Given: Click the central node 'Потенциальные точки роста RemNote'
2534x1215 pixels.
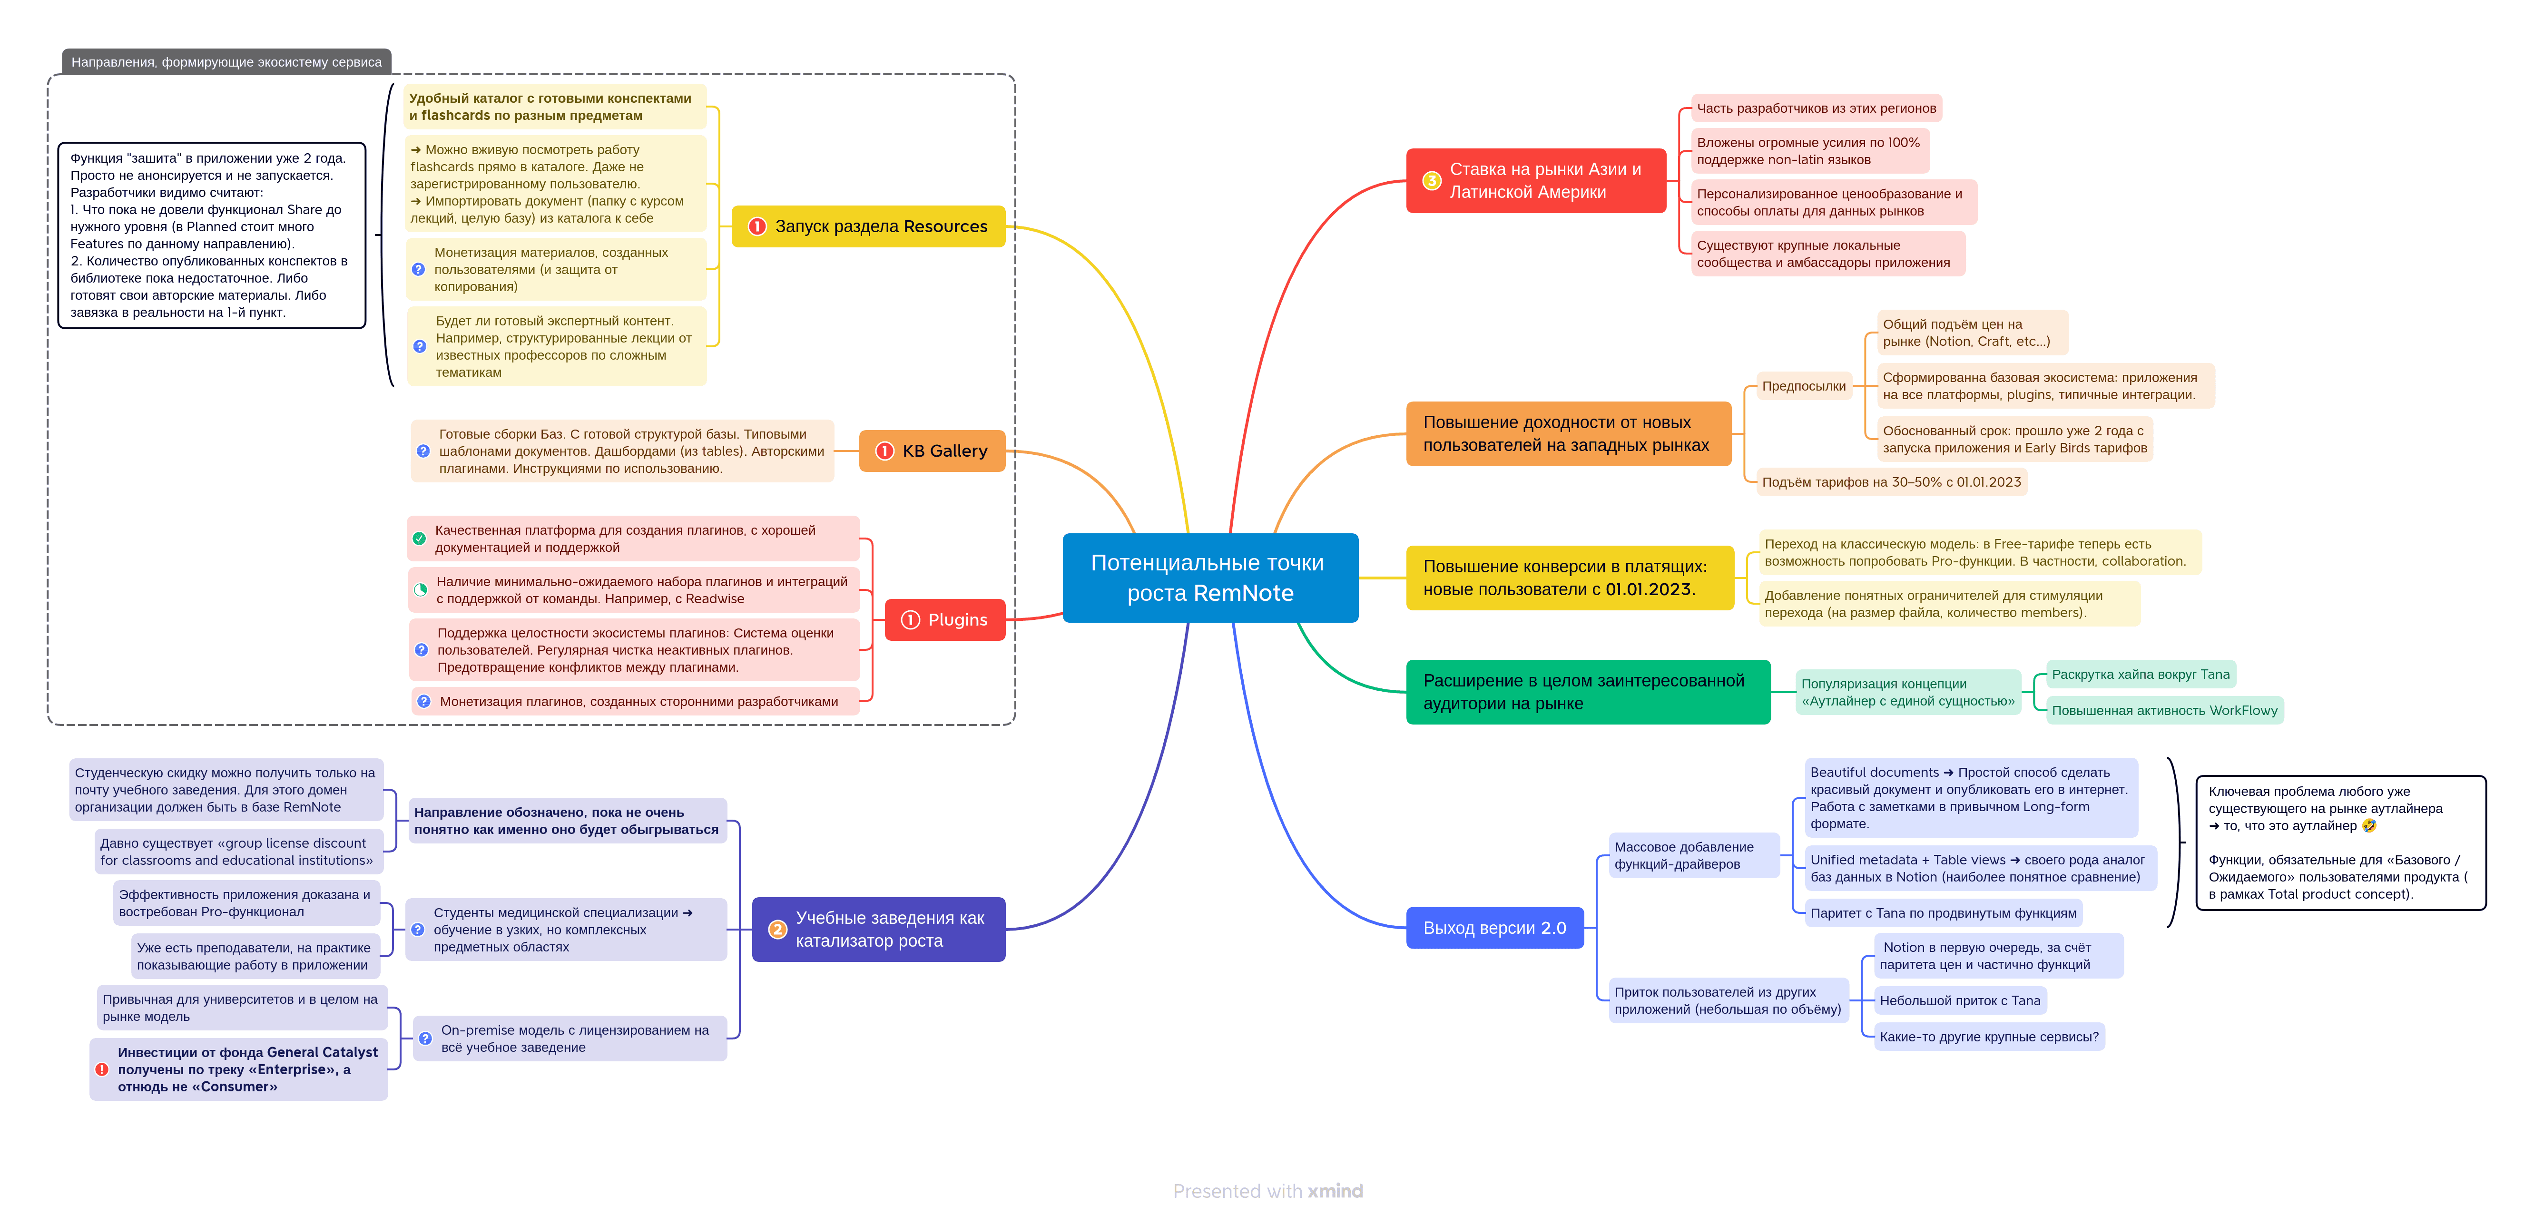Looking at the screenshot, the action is click(x=1210, y=578).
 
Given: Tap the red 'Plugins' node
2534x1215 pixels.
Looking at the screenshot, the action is click(x=944, y=620).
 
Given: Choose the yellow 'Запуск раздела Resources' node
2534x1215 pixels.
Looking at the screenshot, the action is click(x=869, y=226).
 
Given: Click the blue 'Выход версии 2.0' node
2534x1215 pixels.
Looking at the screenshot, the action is click(x=1494, y=928).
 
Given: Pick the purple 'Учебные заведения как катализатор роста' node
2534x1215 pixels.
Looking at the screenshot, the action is click(x=878, y=929).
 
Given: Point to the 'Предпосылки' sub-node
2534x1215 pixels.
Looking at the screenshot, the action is click(x=1803, y=386).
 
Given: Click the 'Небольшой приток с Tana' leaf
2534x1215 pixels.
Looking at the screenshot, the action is click(x=1960, y=1000).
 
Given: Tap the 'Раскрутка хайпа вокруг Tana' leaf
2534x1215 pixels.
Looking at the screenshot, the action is click(x=2141, y=674).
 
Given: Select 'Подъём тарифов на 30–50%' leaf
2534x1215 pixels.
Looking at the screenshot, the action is click(x=1891, y=482).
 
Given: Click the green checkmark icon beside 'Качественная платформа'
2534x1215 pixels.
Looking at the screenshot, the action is click(x=419, y=538).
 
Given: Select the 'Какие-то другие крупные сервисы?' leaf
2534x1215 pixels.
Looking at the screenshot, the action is click(x=1989, y=1037).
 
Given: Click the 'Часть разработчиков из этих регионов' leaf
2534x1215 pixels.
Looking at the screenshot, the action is click(x=1816, y=108).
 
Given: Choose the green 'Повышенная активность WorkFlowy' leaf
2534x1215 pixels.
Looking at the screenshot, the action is click(x=2164, y=710).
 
